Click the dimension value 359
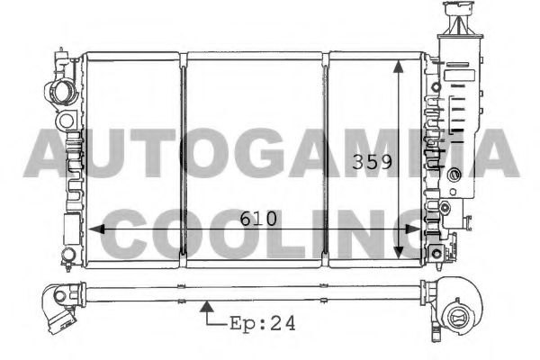pos(372,165)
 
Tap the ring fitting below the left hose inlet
pos(65,119)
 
